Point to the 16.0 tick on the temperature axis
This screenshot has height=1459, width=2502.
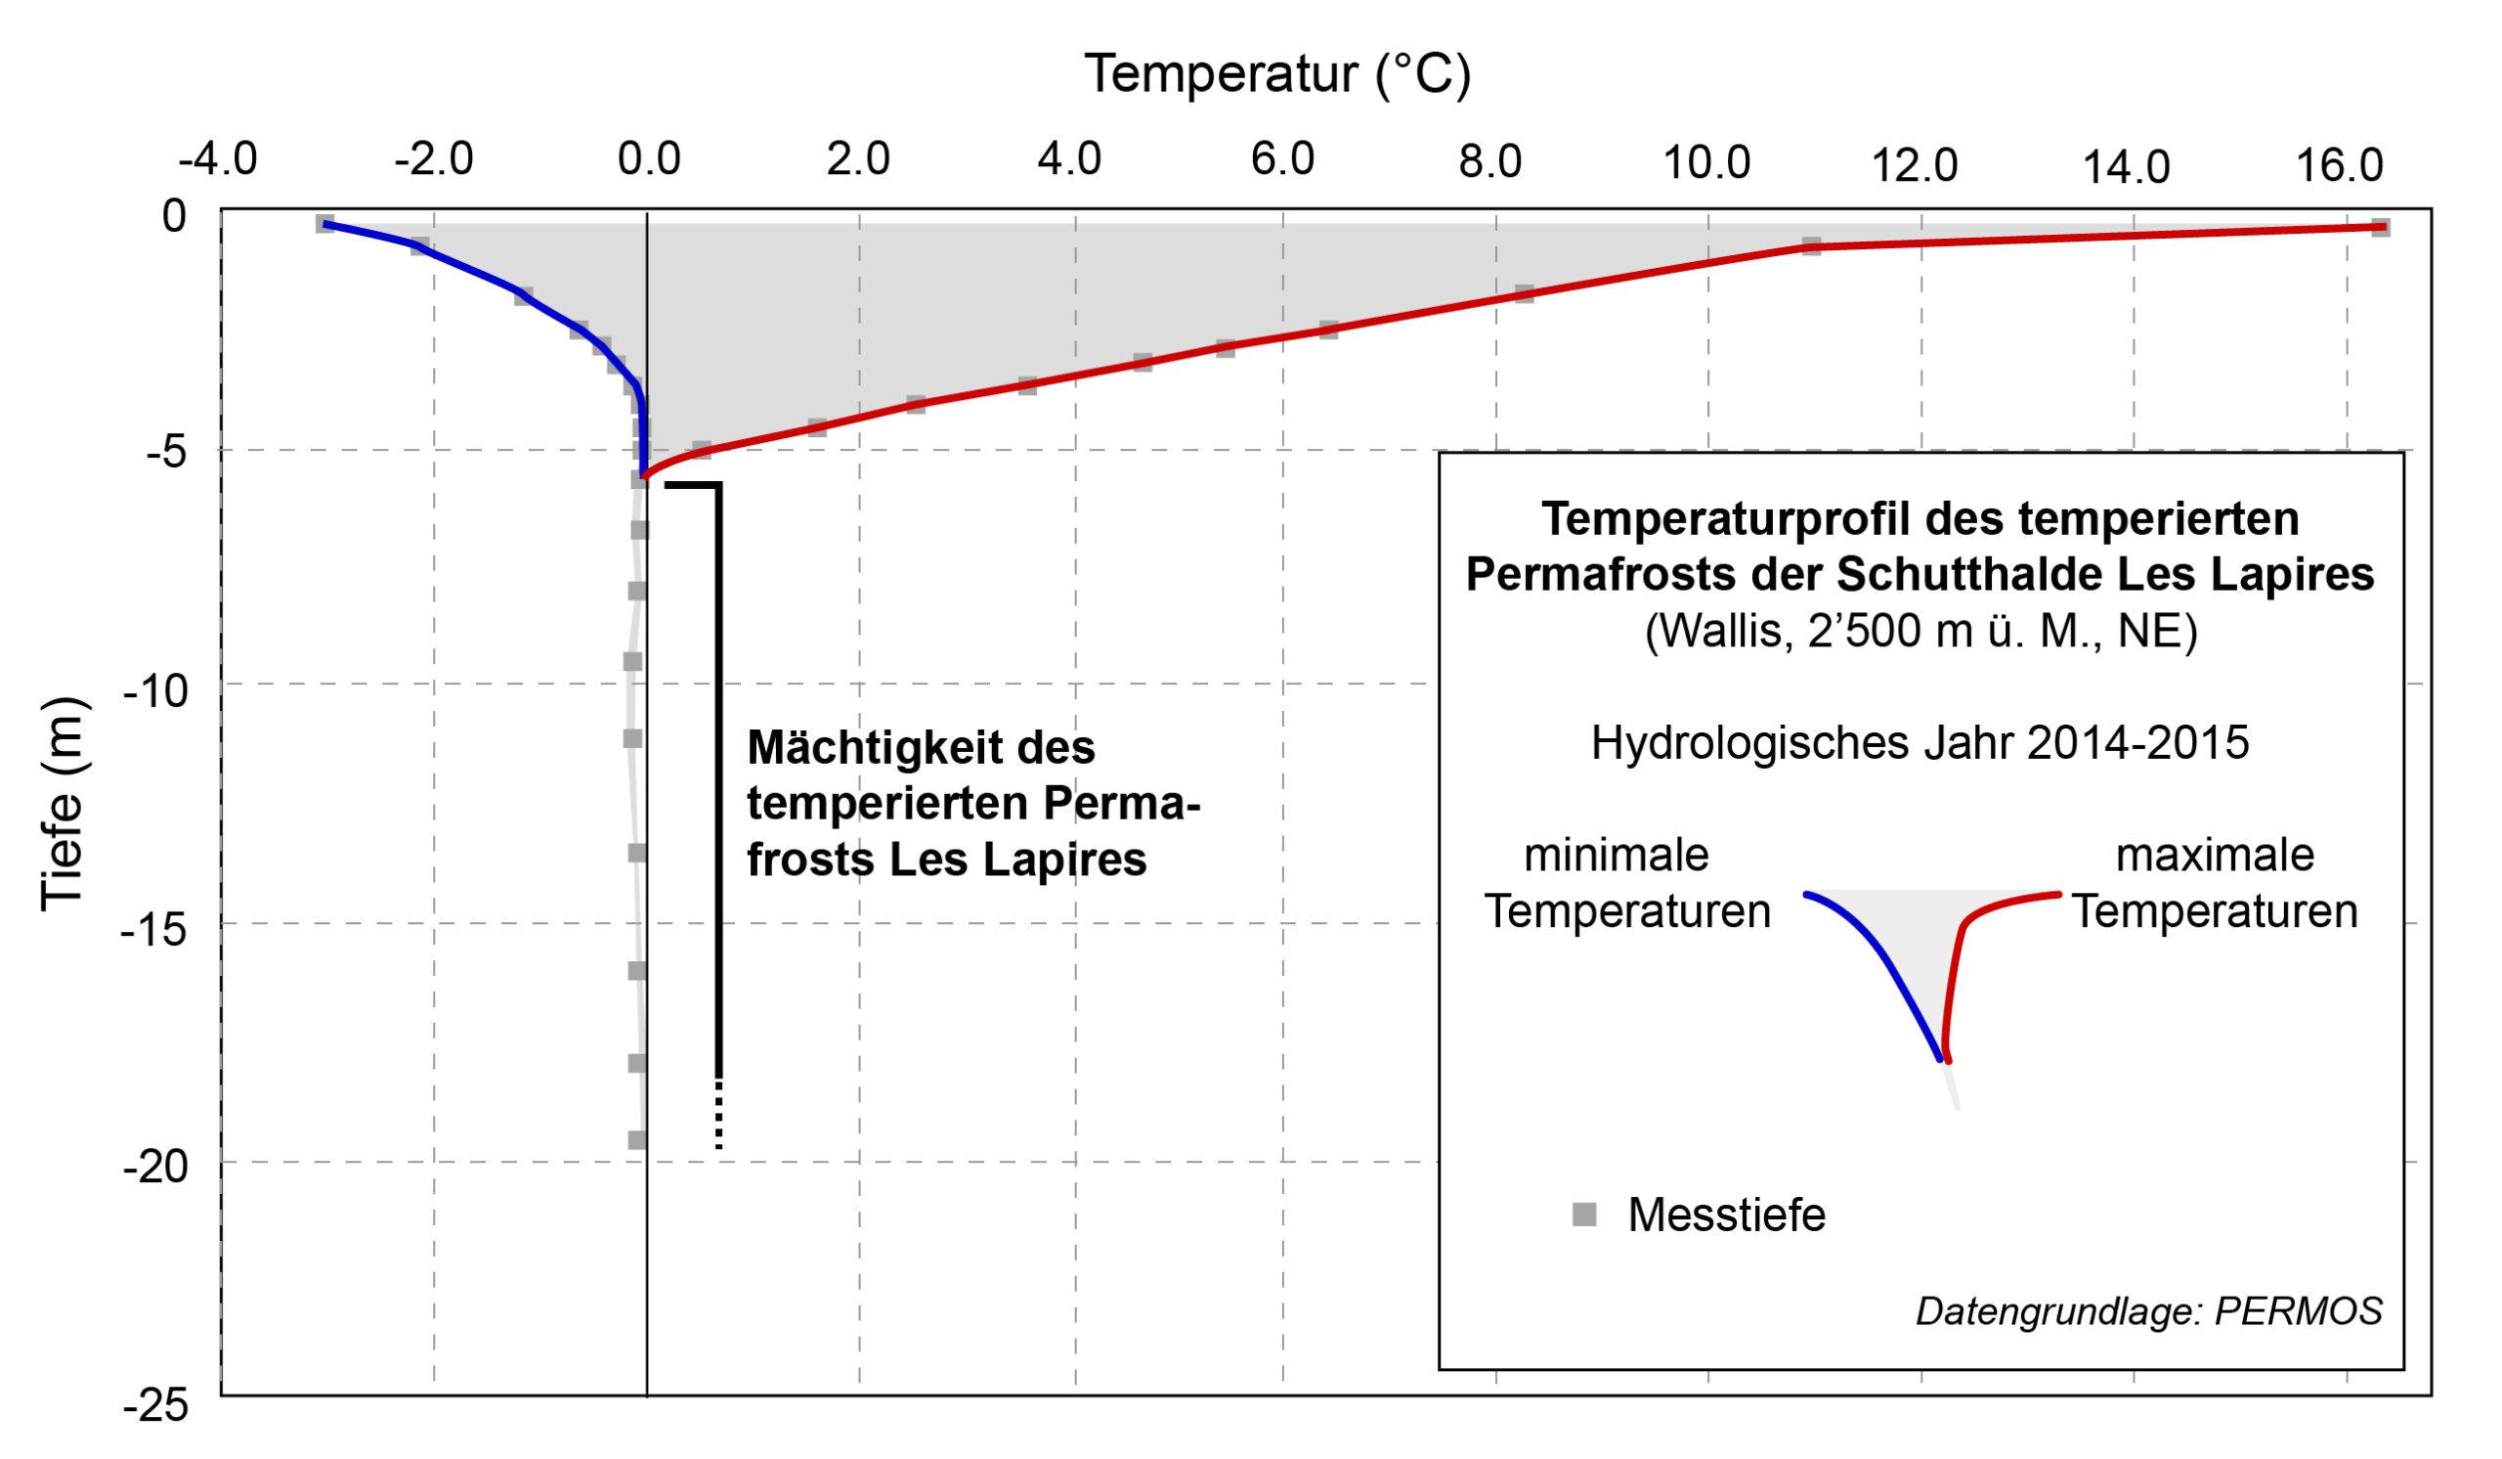2338,165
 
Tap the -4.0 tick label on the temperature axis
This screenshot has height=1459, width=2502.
217,159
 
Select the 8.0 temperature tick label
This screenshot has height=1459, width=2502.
1489,162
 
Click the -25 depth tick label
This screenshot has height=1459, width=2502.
155,1405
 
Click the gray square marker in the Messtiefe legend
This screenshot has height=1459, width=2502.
1584,1214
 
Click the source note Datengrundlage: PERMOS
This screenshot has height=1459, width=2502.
2148,1311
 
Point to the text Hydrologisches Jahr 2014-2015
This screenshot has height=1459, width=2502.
1920,743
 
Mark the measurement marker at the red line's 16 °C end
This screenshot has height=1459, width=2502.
2380,228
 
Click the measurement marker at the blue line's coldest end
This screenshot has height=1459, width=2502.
324,224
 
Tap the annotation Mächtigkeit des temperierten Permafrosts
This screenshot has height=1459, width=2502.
973,803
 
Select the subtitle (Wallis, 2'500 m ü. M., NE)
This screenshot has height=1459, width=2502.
1920,631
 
